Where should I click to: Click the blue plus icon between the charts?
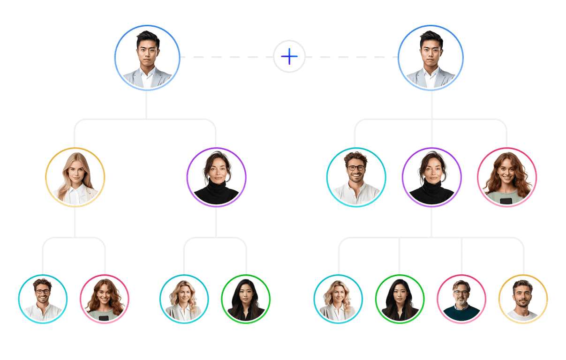(289, 57)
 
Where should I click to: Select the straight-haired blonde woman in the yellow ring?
(75, 177)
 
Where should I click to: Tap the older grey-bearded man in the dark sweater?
(461, 299)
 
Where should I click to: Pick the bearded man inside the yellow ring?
(523, 299)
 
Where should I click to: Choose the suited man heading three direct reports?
(431, 58)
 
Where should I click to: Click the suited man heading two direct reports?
(147, 58)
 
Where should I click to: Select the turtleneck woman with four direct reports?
(431, 177)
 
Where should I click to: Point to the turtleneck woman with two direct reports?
(216, 177)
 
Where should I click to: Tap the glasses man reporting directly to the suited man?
(356, 177)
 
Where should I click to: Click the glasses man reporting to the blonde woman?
(43, 299)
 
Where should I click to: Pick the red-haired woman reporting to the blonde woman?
(104, 299)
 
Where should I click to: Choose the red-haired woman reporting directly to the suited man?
(507, 177)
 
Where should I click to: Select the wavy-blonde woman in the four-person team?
(338, 299)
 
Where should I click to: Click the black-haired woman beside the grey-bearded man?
(400, 299)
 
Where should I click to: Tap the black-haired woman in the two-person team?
(246, 299)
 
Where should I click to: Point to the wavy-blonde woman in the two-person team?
(184, 299)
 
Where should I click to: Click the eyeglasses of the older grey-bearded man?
(461, 292)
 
